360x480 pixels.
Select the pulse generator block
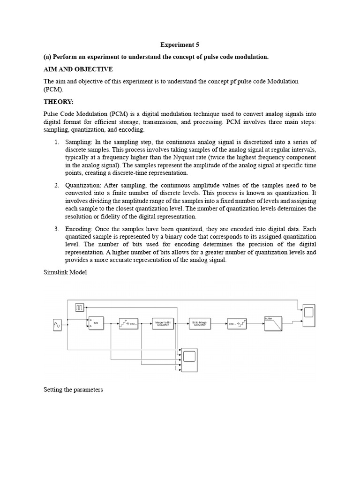coord(80,307)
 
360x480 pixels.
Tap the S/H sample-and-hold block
coord(96,322)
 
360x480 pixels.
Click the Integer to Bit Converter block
coord(163,323)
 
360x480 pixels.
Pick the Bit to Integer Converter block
coord(200,323)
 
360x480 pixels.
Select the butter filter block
coord(273,323)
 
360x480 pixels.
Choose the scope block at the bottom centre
coord(189,359)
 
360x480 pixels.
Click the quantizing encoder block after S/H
coord(128,323)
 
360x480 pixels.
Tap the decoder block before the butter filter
coord(237,323)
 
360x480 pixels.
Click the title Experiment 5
coord(180,45)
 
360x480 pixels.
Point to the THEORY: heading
coord(59,102)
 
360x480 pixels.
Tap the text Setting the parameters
coord(73,390)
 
